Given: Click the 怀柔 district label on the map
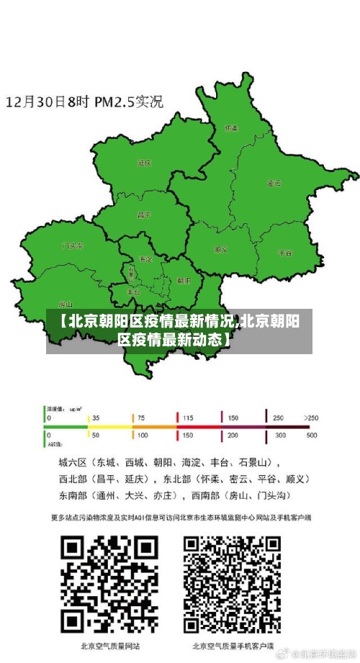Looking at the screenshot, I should (231, 128).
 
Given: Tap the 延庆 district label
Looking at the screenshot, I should (144, 163).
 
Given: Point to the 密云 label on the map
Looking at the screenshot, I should (274, 184).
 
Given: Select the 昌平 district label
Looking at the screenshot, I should (144, 215).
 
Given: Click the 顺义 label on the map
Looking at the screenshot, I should (221, 250).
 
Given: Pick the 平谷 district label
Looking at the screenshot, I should (285, 253).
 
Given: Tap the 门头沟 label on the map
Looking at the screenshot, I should (72, 245).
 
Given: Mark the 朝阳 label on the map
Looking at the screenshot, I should (184, 281).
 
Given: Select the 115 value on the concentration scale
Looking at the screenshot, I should (188, 418).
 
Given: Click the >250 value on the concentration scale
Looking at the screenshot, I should (310, 418).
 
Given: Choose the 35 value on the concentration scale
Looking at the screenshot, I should (96, 418).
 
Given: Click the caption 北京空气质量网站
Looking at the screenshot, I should (110, 646).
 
